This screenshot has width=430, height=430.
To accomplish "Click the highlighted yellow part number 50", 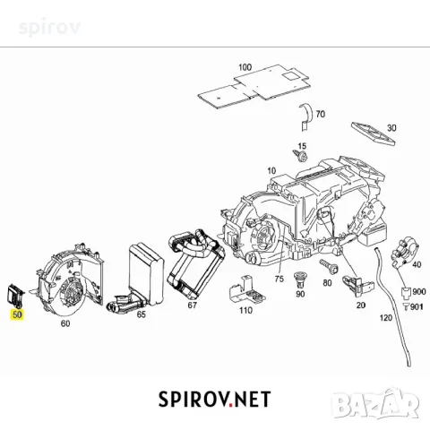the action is point(17,314).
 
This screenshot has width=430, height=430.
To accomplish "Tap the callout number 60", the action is point(65,323).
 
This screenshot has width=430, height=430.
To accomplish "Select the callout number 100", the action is point(245,67).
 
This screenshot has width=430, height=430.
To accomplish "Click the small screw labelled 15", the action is point(300,156).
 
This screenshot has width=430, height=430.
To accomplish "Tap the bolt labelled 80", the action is point(329,266).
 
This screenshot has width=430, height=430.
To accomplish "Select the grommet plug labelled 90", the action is point(299,279).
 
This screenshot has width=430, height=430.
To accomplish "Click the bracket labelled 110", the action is point(246,290).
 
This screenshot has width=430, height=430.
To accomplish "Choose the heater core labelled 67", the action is point(195,262).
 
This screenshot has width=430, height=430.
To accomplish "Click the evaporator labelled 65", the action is point(137,278).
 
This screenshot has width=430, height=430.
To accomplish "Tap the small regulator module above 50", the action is point(15,295).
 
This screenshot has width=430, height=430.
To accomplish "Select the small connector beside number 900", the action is point(406,293).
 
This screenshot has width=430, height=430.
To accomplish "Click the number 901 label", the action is point(417,306).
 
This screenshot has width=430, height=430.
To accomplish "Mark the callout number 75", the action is point(279,279).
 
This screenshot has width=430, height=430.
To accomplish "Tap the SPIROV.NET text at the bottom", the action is point(214,400).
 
